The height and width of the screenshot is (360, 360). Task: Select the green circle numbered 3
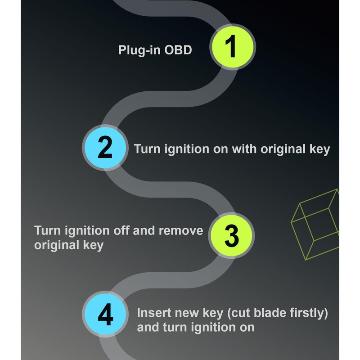click(x=232, y=236)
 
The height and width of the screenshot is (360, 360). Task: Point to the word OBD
click(x=178, y=50)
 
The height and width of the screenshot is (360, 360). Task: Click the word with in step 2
click(x=244, y=149)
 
